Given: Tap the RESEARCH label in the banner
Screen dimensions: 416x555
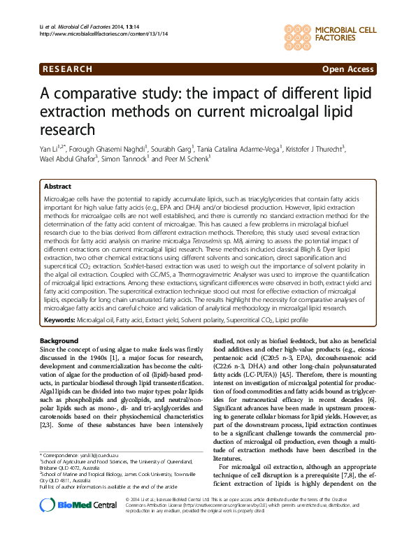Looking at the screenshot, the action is point(66,69).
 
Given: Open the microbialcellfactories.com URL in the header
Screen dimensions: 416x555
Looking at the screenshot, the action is point(104,33).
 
